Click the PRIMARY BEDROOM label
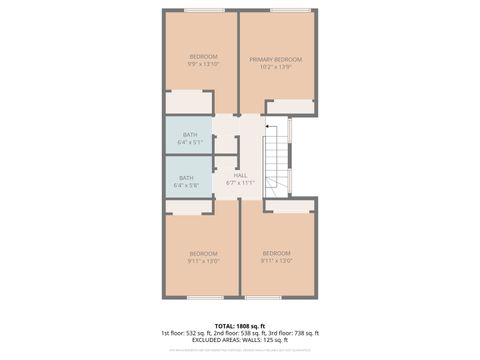click(x=275, y=59)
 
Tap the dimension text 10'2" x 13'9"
click(x=275, y=67)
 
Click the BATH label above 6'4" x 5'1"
click(x=188, y=134)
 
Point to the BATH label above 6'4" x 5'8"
click(x=186, y=178)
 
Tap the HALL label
click(x=240, y=175)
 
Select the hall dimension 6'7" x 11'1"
click(x=240, y=183)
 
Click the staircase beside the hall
click(x=276, y=161)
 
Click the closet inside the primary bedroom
click(x=290, y=106)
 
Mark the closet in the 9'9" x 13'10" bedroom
click(x=186, y=102)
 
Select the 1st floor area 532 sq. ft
click(x=196, y=333)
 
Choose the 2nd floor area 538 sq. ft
click(x=249, y=333)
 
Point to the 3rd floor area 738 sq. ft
click(x=302, y=333)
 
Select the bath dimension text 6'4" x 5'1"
click(x=188, y=142)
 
